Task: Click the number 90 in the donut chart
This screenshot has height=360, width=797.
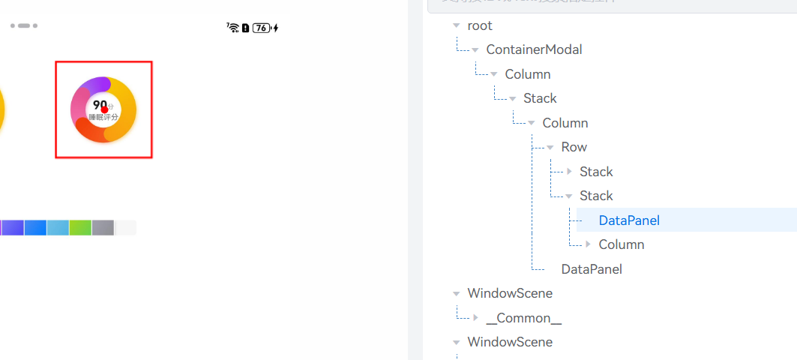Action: click(x=100, y=104)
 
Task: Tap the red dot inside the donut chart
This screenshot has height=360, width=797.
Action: click(x=105, y=109)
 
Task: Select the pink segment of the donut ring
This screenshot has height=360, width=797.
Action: click(x=78, y=106)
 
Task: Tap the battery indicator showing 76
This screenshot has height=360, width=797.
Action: click(x=261, y=28)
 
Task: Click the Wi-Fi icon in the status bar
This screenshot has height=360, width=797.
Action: click(x=233, y=28)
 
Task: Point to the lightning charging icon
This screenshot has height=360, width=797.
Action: click(x=276, y=28)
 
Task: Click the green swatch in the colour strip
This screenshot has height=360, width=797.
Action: click(x=80, y=227)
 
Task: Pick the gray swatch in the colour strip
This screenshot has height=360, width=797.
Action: click(x=103, y=227)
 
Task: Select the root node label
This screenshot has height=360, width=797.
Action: click(x=480, y=25)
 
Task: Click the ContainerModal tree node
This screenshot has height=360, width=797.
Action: click(x=534, y=49)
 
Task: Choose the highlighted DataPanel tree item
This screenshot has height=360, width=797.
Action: click(x=629, y=220)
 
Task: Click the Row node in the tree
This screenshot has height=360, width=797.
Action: click(x=574, y=147)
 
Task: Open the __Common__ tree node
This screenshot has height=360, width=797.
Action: click(x=524, y=318)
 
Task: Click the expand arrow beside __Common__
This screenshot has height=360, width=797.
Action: click(x=475, y=318)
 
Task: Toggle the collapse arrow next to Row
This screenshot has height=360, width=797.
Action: click(x=550, y=148)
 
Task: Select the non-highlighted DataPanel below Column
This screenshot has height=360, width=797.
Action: click(x=592, y=269)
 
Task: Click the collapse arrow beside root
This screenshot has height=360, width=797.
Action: click(x=457, y=25)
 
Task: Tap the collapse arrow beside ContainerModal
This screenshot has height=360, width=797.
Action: click(x=475, y=50)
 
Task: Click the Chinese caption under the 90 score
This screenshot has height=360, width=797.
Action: click(x=103, y=117)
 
